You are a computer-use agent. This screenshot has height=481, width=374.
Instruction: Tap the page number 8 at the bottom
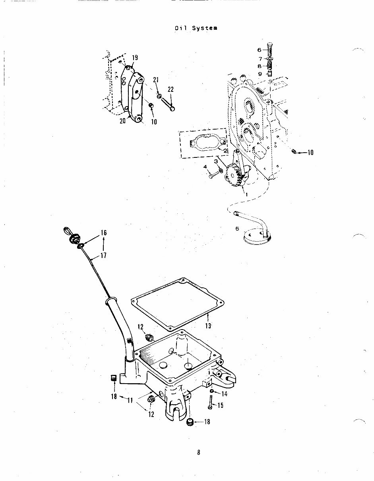pos(198,452)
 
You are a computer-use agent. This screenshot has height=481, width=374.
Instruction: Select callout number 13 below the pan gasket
pos(208,326)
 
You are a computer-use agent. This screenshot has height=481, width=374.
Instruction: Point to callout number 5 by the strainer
pos(237,229)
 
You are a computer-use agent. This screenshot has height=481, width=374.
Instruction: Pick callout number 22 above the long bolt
pos(171,89)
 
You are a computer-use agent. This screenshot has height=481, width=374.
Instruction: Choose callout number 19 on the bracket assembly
pos(135,58)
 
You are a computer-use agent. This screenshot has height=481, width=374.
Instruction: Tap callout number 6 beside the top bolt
pos(259,50)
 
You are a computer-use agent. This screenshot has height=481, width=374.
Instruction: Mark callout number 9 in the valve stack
pos(259,74)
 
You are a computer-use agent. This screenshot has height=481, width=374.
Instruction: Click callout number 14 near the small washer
pos(224,394)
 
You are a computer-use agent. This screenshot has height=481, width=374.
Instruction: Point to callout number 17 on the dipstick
pos(103,256)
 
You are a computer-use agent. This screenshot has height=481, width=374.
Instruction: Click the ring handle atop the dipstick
pos(66,231)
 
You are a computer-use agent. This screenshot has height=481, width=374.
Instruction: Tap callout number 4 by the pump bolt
pos(205,167)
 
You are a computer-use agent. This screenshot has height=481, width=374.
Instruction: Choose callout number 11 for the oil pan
pos(130,401)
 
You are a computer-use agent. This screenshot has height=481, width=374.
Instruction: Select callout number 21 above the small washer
pos(156,80)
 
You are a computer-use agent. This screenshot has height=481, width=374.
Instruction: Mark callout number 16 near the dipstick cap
pos(103,233)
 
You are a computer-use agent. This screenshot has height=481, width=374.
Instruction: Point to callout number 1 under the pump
pos(246,195)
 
